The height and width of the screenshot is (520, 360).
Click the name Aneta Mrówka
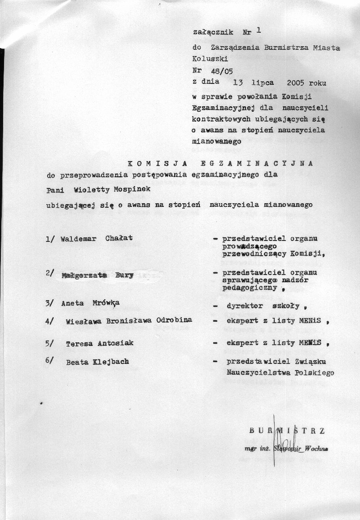click(x=90, y=303)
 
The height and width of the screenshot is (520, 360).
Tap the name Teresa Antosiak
click(x=99, y=343)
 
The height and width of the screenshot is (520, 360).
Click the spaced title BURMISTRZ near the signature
click(x=286, y=430)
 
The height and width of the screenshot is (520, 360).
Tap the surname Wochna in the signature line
click(x=316, y=448)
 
